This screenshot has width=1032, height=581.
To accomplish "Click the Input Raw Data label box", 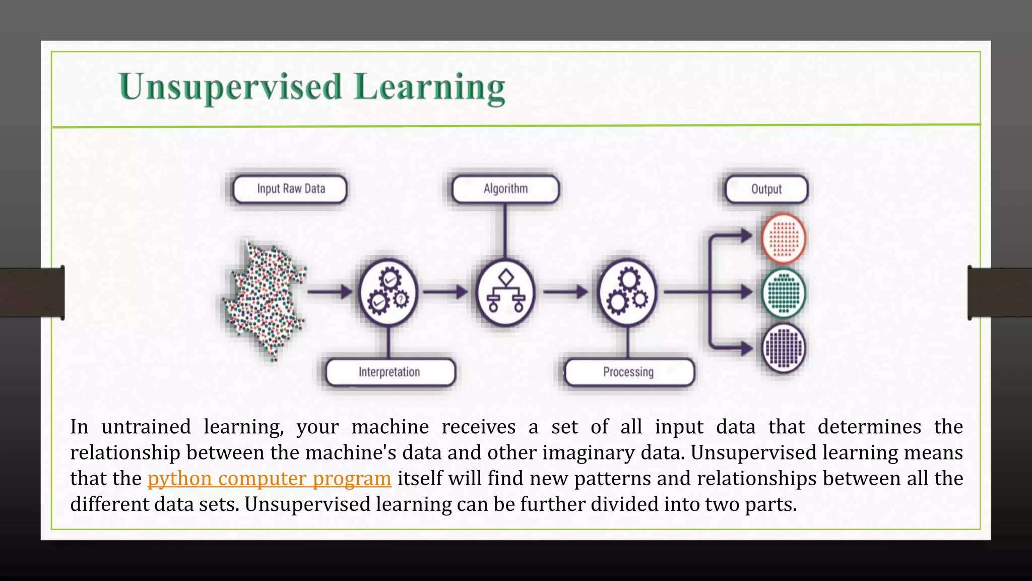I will tap(290, 189).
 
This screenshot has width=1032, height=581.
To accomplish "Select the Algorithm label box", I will tap(505, 189).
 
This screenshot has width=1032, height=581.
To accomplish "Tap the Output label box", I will tap(766, 189).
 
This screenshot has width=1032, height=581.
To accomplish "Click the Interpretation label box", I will tap(390, 372).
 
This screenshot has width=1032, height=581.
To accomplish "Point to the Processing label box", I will tap(628, 372).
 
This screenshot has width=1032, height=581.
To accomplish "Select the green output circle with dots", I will tap(784, 293).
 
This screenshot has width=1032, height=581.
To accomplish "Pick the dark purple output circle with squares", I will tap(784, 348).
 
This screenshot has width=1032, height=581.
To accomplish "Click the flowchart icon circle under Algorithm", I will tap(505, 293).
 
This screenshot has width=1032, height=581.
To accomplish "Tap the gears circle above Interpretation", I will tap(388, 293).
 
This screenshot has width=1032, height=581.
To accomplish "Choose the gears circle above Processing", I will tap(627, 293).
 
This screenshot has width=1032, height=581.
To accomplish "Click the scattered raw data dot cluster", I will tap(265, 300).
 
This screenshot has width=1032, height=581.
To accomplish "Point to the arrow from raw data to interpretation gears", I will tap(330, 292).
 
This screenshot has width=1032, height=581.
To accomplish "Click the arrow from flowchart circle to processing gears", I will tap(565, 292).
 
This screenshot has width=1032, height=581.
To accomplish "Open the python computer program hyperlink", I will tap(269, 479).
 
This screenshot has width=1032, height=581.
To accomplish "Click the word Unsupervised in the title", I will tap(230, 87).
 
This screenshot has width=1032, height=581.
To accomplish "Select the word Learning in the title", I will tap(429, 87).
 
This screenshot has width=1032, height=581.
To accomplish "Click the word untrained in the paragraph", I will tap(146, 427).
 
